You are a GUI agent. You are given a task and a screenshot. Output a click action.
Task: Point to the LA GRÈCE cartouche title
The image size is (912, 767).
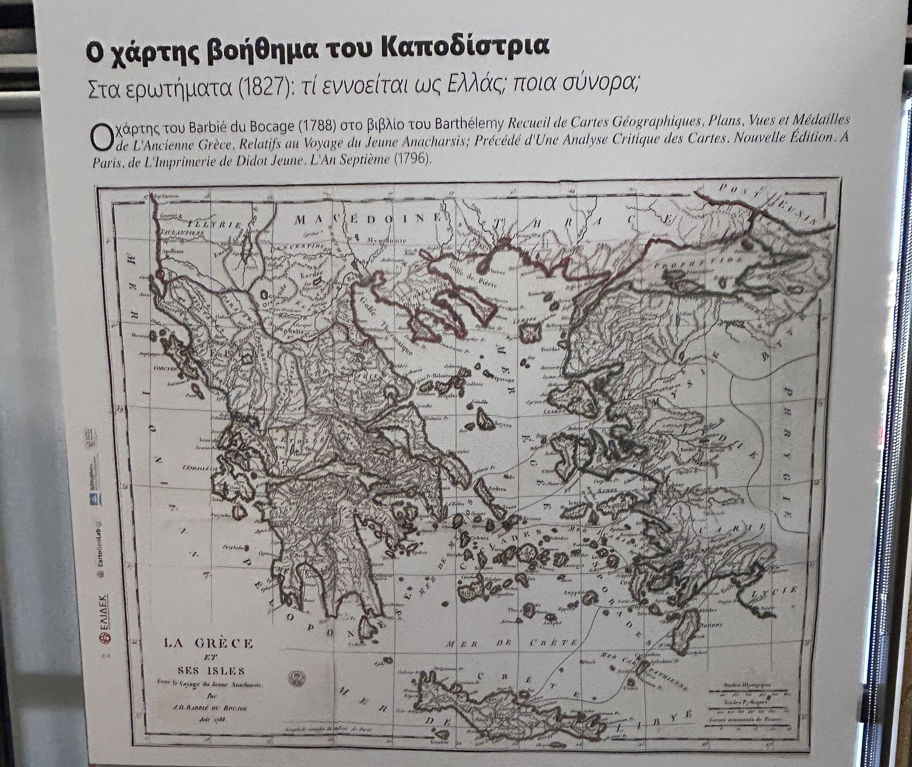point(208,643)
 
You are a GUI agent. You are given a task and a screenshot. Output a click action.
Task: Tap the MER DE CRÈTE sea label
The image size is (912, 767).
point(513,643)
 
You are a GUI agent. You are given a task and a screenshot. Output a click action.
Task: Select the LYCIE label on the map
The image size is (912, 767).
point(774,590)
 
